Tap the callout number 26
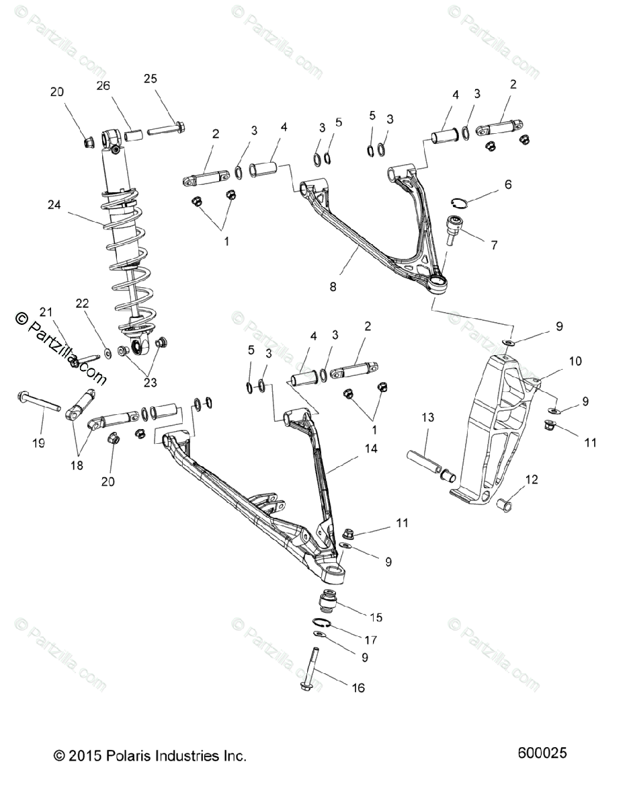coord(103,85)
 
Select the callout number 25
coord(150,79)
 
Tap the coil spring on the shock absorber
coord(126,256)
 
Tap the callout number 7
coord(494,245)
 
